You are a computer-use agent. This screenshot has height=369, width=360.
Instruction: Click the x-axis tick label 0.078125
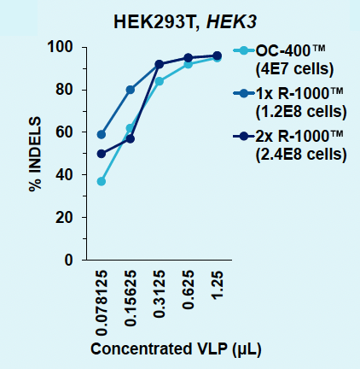[102, 303]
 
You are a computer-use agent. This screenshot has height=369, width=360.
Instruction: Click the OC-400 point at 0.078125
[102, 181]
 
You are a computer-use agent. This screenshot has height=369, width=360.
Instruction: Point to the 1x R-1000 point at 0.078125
[102, 134]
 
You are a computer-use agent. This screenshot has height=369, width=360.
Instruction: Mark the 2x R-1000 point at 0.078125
[102, 154]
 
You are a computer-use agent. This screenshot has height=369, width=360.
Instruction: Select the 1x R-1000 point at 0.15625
[130, 90]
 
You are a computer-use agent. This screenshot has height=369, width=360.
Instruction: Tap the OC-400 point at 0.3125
[159, 81]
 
